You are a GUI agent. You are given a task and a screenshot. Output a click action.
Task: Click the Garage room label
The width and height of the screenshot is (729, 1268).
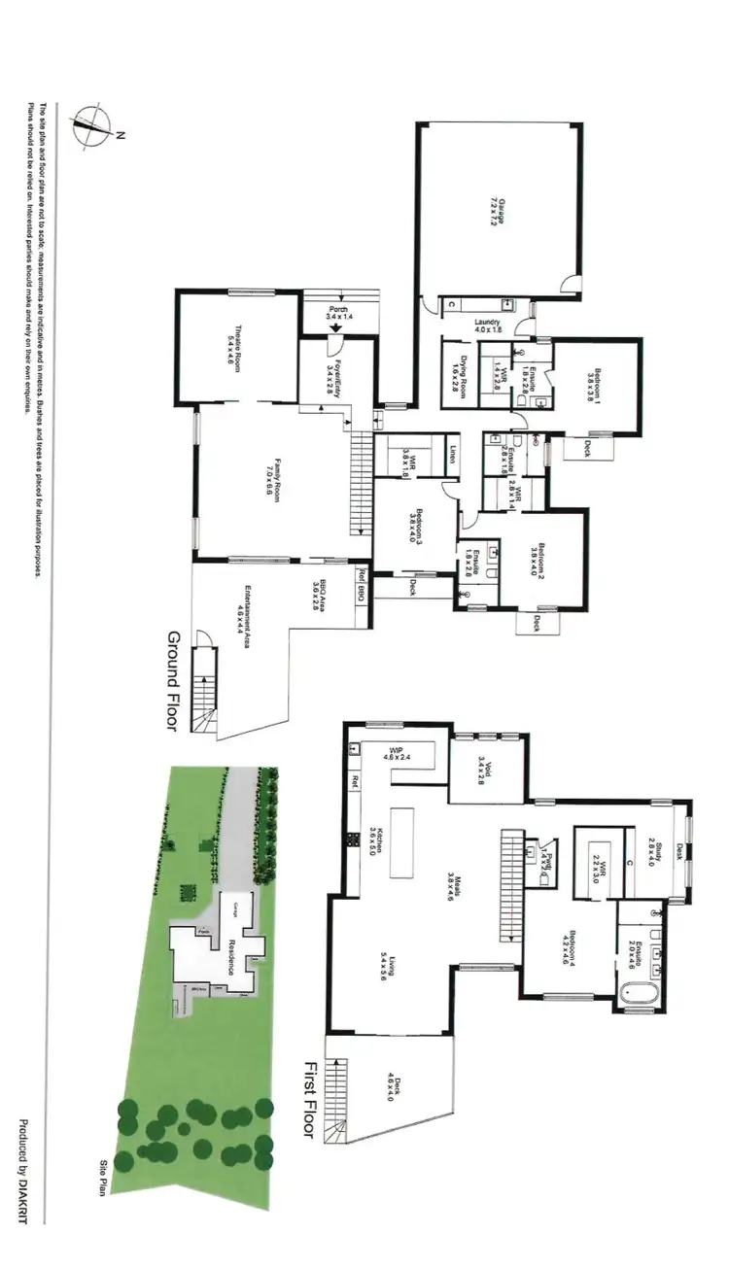click(x=499, y=210)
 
